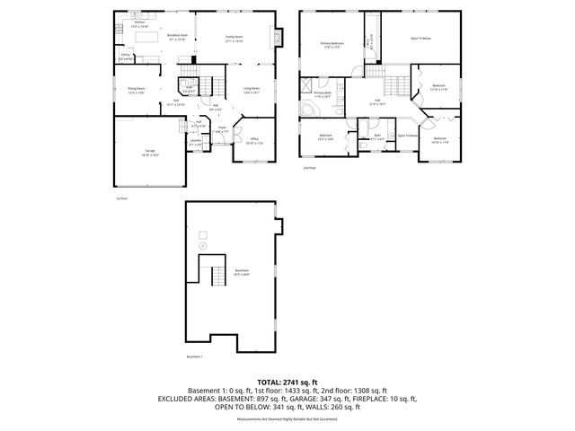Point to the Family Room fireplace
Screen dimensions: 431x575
pos(277,38)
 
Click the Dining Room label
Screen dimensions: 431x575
pos(137,90)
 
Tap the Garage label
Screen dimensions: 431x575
pos(149,150)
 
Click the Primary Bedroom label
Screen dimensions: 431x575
pos(332,43)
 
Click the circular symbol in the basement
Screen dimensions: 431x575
pos(202,244)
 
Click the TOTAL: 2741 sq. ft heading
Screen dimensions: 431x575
pos(287,383)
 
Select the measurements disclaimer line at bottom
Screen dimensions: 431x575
pos(287,418)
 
